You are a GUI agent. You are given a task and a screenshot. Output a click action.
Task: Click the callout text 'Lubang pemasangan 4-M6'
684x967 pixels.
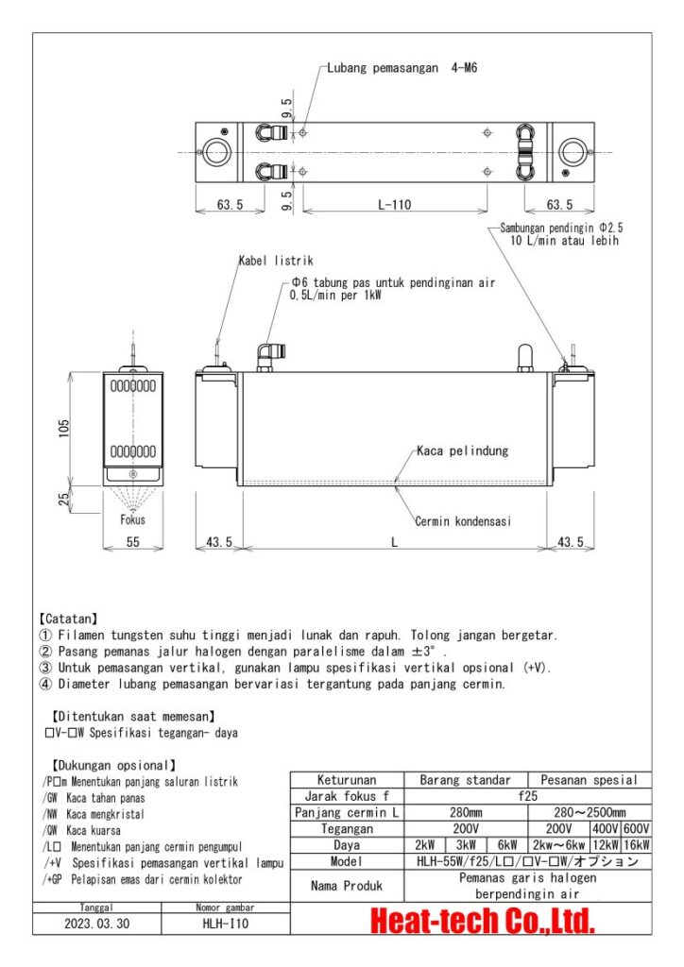(407, 68)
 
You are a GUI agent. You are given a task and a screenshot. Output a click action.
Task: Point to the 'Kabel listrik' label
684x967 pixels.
(275, 261)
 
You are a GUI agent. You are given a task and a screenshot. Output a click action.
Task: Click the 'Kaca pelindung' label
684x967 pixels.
(463, 450)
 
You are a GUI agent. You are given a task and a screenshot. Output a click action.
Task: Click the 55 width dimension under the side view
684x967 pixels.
(132, 542)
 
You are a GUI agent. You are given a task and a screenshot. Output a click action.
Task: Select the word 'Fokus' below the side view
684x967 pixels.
(132, 519)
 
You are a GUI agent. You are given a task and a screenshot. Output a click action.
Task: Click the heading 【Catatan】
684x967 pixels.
(72, 619)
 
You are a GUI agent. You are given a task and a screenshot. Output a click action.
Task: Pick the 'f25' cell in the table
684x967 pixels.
(528, 796)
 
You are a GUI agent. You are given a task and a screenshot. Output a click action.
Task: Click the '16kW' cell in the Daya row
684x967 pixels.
(636, 845)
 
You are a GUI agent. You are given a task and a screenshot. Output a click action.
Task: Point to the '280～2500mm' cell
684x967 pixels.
(589, 812)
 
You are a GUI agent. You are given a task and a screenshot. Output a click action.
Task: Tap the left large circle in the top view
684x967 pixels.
(215, 152)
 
